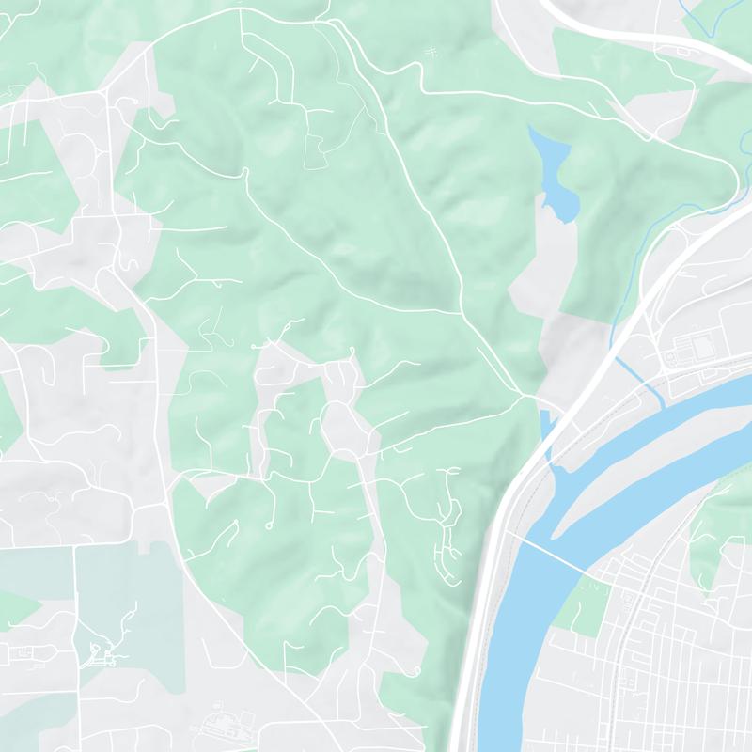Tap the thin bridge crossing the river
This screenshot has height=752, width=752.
point(554,556)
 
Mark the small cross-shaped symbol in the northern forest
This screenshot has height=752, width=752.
point(431,53)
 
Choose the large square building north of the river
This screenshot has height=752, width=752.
point(700,347)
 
